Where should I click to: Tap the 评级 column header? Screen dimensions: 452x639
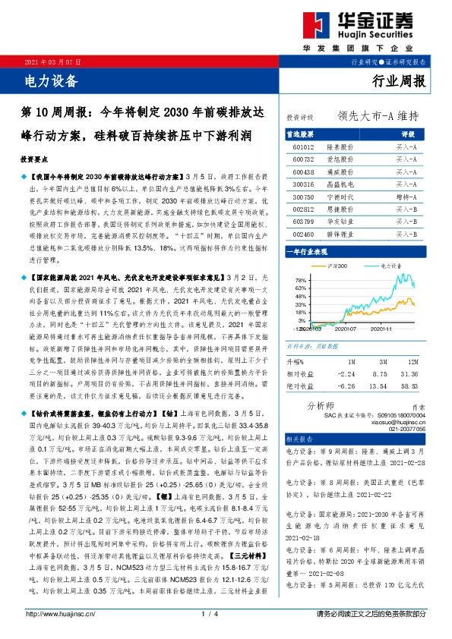pos(406,133)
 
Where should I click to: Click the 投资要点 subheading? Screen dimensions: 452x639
pos(35,161)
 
